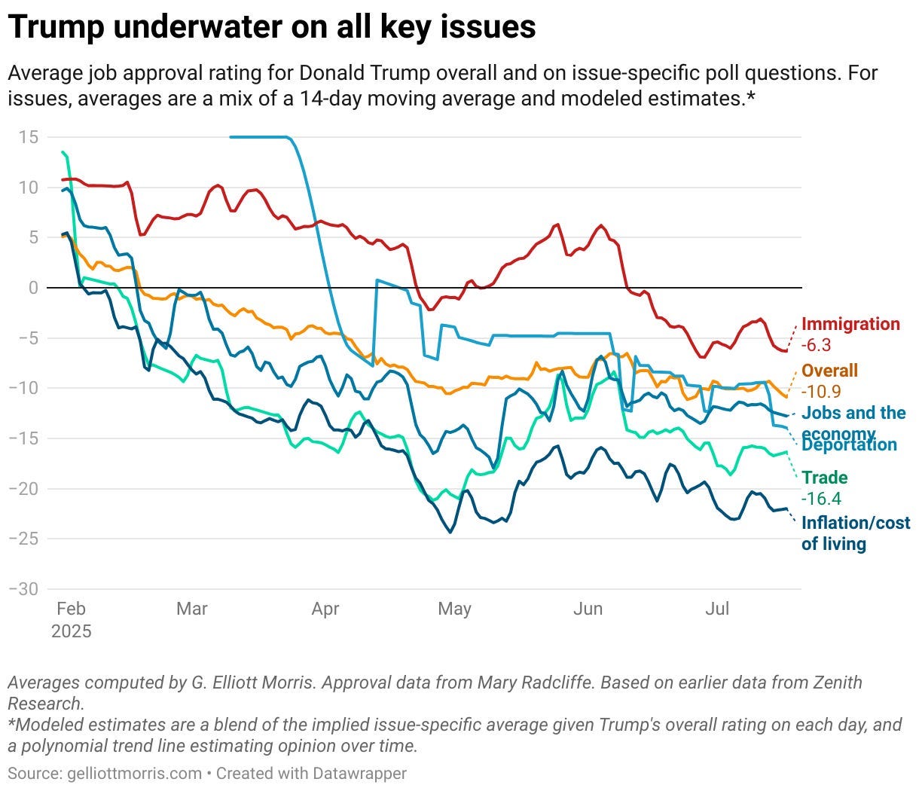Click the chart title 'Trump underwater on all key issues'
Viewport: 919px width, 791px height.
pyautogui.click(x=272, y=28)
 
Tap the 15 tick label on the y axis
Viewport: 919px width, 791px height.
pyautogui.click(x=29, y=137)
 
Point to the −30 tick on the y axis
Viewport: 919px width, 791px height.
pyautogui.click(x=23, y=589)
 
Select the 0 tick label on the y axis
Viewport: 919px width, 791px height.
pyautogui.click(x=32, y=288)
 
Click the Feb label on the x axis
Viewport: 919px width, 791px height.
pyautogui.click(x=71, y=609)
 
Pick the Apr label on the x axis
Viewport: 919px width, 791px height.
pyautogui.click(x=325, y=609)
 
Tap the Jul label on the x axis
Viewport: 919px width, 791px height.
pyautogui.click(x=717, y=609)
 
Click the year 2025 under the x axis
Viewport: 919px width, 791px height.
pyautogui.click(x=71, y=631)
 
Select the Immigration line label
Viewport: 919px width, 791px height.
pyautogui.click(x=850, y=325)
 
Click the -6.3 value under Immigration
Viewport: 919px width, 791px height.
pyautogui.click(x=816, y=346)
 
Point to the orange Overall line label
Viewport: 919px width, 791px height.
pyautogui.click(x=829, y=371)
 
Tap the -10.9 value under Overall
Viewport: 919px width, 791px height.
pyautogui.click(x=821, y=392)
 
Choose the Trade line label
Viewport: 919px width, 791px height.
pyautogui.click(x=824, y=478)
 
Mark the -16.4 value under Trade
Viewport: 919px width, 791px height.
pyautogui.click(x=821, y=499)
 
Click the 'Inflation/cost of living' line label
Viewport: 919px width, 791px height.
pyautogui.click(x=855, y=533)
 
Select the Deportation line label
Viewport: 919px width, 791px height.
pyautogui.click(x=849, y=445)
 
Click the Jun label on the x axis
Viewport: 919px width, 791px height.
pyautogui.click(x=588, y=609)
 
